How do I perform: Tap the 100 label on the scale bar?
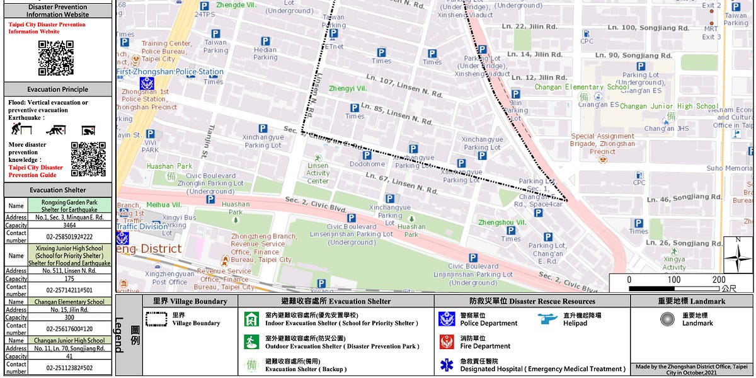[x=674, y=280]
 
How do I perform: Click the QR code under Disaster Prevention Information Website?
[x=57, y=58]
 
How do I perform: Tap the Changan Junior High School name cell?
[x=70, y=340]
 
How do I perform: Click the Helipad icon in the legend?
[x=548, y=319]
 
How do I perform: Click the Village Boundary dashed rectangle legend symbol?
[x=156, y=319]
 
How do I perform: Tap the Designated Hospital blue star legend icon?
[x=446, y=365]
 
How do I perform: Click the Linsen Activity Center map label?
[x=318, y=173]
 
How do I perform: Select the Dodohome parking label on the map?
[x=367, y=164]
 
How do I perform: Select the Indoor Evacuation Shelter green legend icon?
[x=251, y=319]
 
